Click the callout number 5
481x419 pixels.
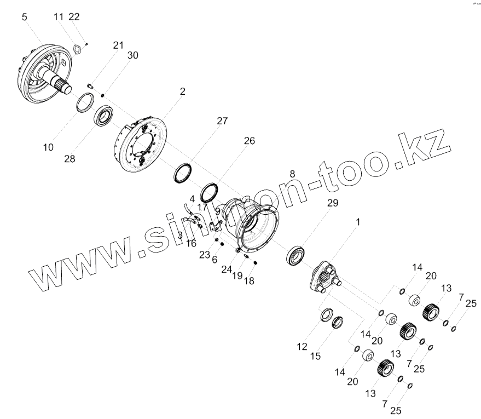click(x=24, y=17)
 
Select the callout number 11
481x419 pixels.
click(x=59, y=17)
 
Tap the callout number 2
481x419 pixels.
click(x=182, y=91)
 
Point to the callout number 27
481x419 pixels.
click(x=222, y=121)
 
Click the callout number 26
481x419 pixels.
click(x=249, y=141)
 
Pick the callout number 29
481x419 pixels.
click(x=333, y=203)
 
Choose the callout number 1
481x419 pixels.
click(x=358, y=222)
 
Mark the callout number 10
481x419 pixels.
click(x=49, y=147)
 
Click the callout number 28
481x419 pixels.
click(x=69, y=159)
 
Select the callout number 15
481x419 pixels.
click(x=315, y=357)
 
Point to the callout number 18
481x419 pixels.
click(x=249, y=280)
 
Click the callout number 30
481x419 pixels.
click(x=132, y=55)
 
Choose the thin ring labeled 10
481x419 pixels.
click(x=84, y=103)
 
